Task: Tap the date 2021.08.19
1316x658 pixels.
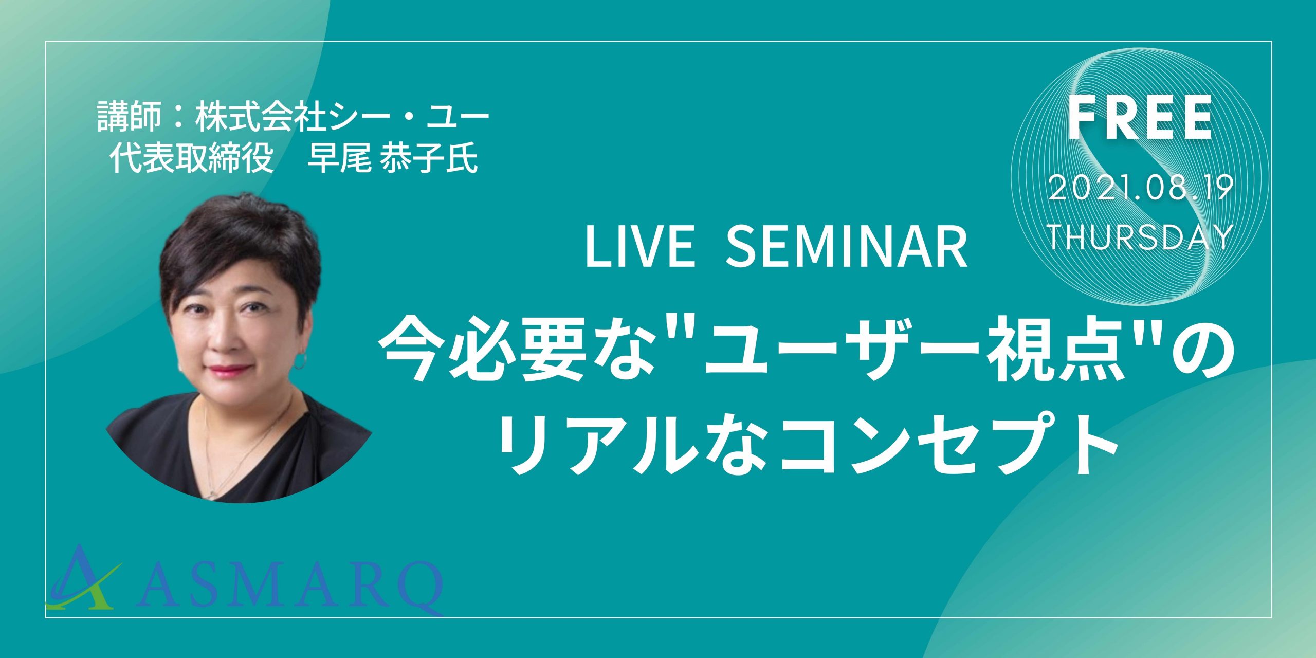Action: click(1141, 189)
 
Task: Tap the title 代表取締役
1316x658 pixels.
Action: click(191, 158)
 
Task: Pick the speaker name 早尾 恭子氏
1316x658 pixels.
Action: click(392, 158)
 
